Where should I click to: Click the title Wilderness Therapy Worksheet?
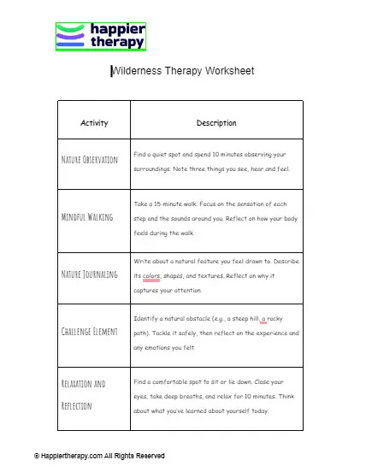(183, 71)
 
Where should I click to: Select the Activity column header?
(94, 123)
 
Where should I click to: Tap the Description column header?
(216, 123)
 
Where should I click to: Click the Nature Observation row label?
(90, 160)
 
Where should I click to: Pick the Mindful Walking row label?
(87, 216)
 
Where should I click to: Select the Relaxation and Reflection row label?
(82, 394)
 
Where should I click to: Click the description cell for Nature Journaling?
(216, 276)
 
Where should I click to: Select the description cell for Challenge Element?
(216, 333)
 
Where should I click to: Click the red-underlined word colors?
(151, 276)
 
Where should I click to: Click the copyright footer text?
(99, 456)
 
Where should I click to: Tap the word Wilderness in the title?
(138, 71)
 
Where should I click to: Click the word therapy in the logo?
(116, 42)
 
